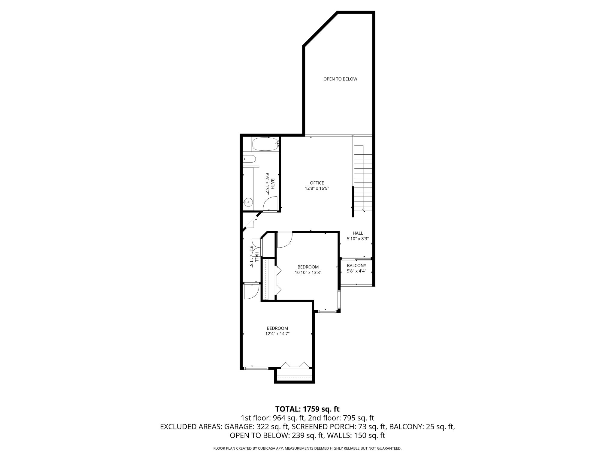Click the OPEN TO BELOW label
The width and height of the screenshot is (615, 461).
[340, 79]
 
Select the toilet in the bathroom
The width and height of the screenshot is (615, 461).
[250, 159]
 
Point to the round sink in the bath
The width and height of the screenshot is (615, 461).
[248, 203]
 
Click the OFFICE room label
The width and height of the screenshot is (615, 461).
[317, 183]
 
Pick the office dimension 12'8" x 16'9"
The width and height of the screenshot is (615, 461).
[317, 188]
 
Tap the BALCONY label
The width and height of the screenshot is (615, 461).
[356, 266]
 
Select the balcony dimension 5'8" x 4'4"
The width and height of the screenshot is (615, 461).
[356, 271]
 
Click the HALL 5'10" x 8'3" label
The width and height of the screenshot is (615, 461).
[358, 236]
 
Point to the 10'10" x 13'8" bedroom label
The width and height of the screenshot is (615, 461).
[308, 270]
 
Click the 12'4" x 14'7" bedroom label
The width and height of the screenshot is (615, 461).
[277, 331]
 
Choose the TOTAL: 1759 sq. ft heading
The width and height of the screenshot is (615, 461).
[307, 409]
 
